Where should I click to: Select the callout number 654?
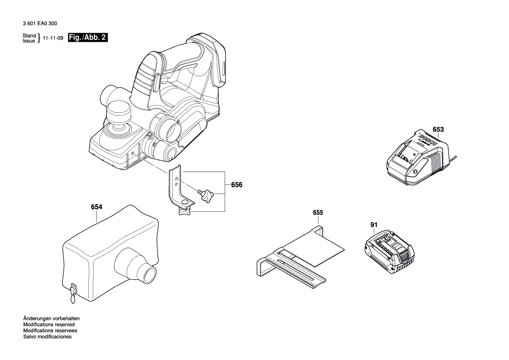[97, 207]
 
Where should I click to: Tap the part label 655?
[318, 213]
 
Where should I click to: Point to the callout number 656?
[236, 185]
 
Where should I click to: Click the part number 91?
[374, 225]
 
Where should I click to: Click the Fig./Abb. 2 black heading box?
[88, 38]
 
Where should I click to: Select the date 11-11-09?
[53, 38]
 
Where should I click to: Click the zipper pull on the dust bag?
[72, 294]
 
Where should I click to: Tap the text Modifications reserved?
[49, 325]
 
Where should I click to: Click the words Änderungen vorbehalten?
[51, 319]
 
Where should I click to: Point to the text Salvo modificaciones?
[47, 337]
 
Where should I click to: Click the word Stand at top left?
[29, 36]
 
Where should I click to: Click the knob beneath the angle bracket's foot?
[184, 212]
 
